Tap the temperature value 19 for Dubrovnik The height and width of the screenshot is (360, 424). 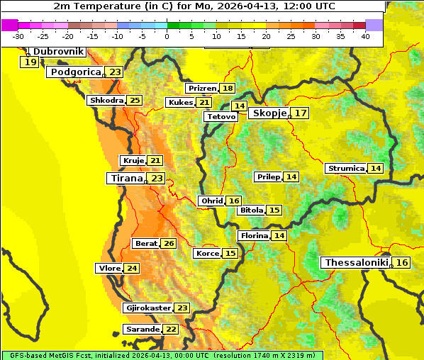point(29,62)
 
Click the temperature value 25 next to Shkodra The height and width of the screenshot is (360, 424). point(134,101)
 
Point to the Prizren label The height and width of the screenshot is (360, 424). point(201,89)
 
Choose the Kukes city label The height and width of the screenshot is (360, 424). point(179,103)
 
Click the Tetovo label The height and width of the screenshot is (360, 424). point(221,116)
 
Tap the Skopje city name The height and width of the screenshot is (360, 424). point(269,113)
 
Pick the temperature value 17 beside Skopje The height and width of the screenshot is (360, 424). point(301,113)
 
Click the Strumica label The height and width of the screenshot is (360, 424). point(345,169)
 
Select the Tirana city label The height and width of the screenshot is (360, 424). point(126,179)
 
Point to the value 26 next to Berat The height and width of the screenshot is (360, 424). point(168,244)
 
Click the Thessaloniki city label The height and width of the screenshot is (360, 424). point(356,263)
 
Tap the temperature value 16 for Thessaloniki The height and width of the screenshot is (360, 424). point(401,263)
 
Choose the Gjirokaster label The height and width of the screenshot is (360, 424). point(147,308)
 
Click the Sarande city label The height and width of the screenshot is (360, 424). point(142,330)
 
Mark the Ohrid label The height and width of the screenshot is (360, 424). point(211,201)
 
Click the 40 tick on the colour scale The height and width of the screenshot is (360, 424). point(365,36)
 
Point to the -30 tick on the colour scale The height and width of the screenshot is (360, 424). point(18,36)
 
